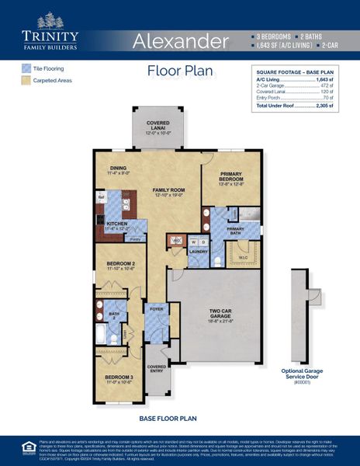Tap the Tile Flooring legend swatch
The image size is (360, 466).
26,68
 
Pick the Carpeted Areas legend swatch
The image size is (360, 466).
26,80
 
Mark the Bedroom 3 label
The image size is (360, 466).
119,379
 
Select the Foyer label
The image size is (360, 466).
157,307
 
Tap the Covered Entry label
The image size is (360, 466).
157,368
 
